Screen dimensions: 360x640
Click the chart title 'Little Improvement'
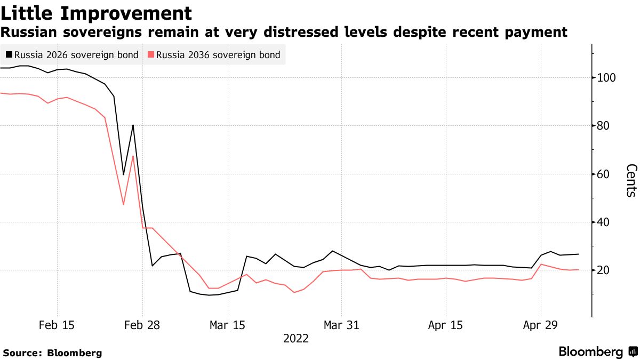click(x=97, y=13)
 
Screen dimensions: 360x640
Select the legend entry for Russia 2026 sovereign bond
click(x=72, y=54)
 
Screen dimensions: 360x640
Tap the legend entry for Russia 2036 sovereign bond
click(x=214, y=54)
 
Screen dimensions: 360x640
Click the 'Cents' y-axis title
click(x=630, y=180)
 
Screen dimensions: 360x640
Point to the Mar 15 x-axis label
click(x=228, y=325)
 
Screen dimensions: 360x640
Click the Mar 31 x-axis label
click(x=341, y=325)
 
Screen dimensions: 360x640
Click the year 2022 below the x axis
click(x=295, y=339)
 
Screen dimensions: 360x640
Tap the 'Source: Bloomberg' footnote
click(x=52, y=353)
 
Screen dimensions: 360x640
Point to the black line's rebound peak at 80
click(x=133, y=125)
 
